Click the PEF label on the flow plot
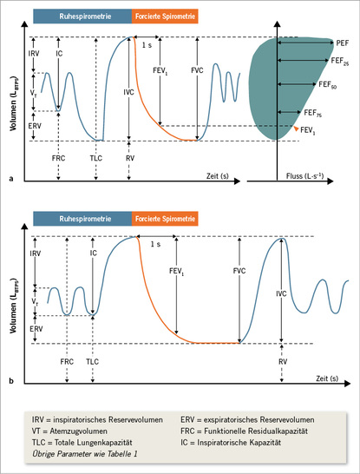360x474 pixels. [x=342, y=42]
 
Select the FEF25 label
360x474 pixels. [x=340, y=63]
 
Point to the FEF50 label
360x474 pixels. [x=328, y=87]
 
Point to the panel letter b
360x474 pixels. [x=11, y=379]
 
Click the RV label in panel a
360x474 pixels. [x=128, y=160]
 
